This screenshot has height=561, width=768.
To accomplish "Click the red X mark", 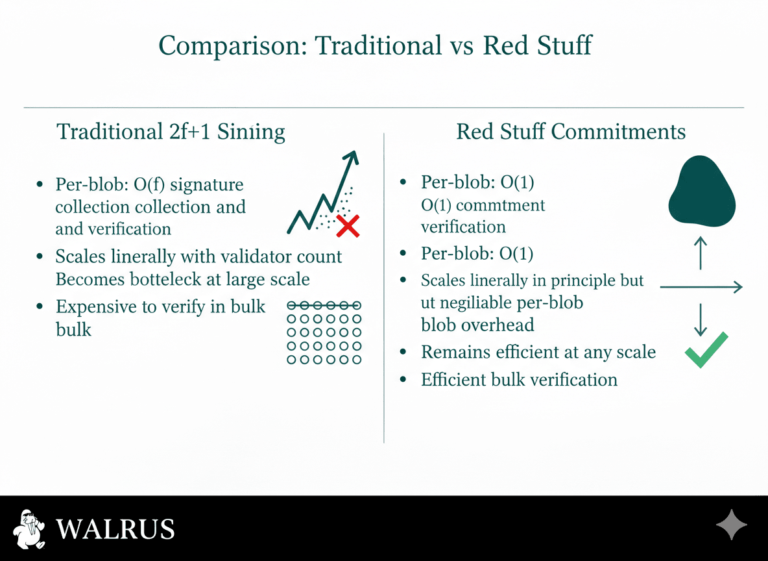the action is coord(348,226).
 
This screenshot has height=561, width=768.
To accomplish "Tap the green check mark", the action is coord(706,350).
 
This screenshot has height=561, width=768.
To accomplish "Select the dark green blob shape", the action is coord(702,192).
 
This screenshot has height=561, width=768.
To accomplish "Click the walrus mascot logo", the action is coord(29,529).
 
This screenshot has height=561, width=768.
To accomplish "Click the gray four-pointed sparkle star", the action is coord(731,525).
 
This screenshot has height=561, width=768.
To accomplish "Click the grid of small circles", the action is coord(324,332).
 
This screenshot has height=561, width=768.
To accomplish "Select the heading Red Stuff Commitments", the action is coord(571,131).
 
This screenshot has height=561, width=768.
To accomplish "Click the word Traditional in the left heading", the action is coord(110,131).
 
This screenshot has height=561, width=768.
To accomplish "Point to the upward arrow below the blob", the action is coord(701,253).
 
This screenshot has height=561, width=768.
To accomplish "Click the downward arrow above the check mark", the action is coord(701,319).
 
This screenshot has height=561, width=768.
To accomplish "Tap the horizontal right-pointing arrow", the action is coord(701,287).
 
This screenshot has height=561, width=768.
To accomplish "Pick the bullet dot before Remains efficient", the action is coord(403,352).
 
